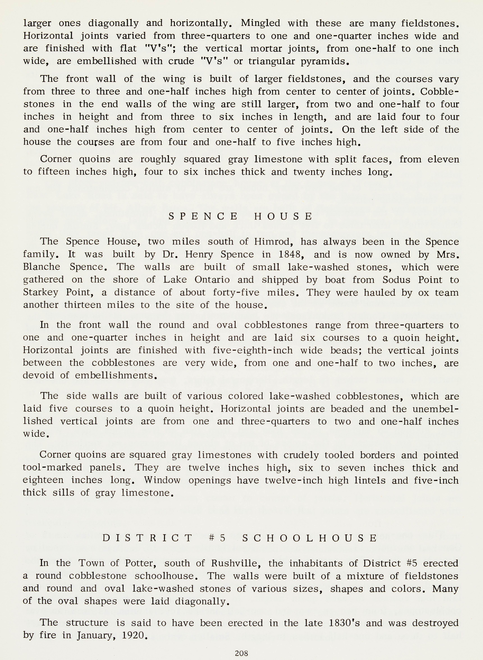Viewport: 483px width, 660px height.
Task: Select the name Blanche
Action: click(42, 267)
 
